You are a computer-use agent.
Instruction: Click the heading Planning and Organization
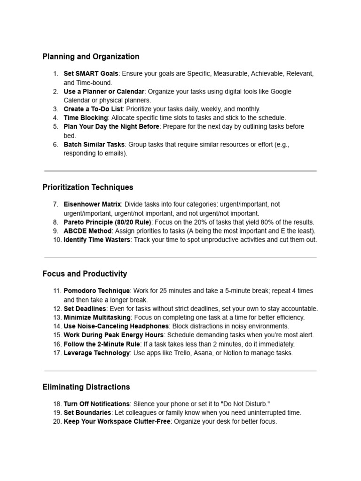point(91,57)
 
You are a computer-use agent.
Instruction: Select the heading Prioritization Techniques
point(87,187)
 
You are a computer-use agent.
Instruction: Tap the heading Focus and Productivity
point(85,274)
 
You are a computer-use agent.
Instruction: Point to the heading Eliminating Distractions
point(86,388)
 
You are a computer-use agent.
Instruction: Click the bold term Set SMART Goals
point(91,74)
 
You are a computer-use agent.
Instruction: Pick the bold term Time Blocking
point(86,118)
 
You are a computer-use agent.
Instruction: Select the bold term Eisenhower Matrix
point(92,204)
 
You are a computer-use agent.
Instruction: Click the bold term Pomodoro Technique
point(96,291)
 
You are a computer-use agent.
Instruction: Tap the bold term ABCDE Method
point(87,231)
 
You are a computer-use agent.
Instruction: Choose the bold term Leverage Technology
point(96,353)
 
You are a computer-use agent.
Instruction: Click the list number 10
point(56,240)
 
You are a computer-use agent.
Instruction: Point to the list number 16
point(56,344)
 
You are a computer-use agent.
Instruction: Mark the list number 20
point(56,422)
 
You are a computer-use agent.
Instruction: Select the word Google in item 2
point(281,92)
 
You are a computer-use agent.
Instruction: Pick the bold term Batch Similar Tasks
point(94,144)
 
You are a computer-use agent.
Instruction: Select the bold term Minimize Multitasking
point(98,318)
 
